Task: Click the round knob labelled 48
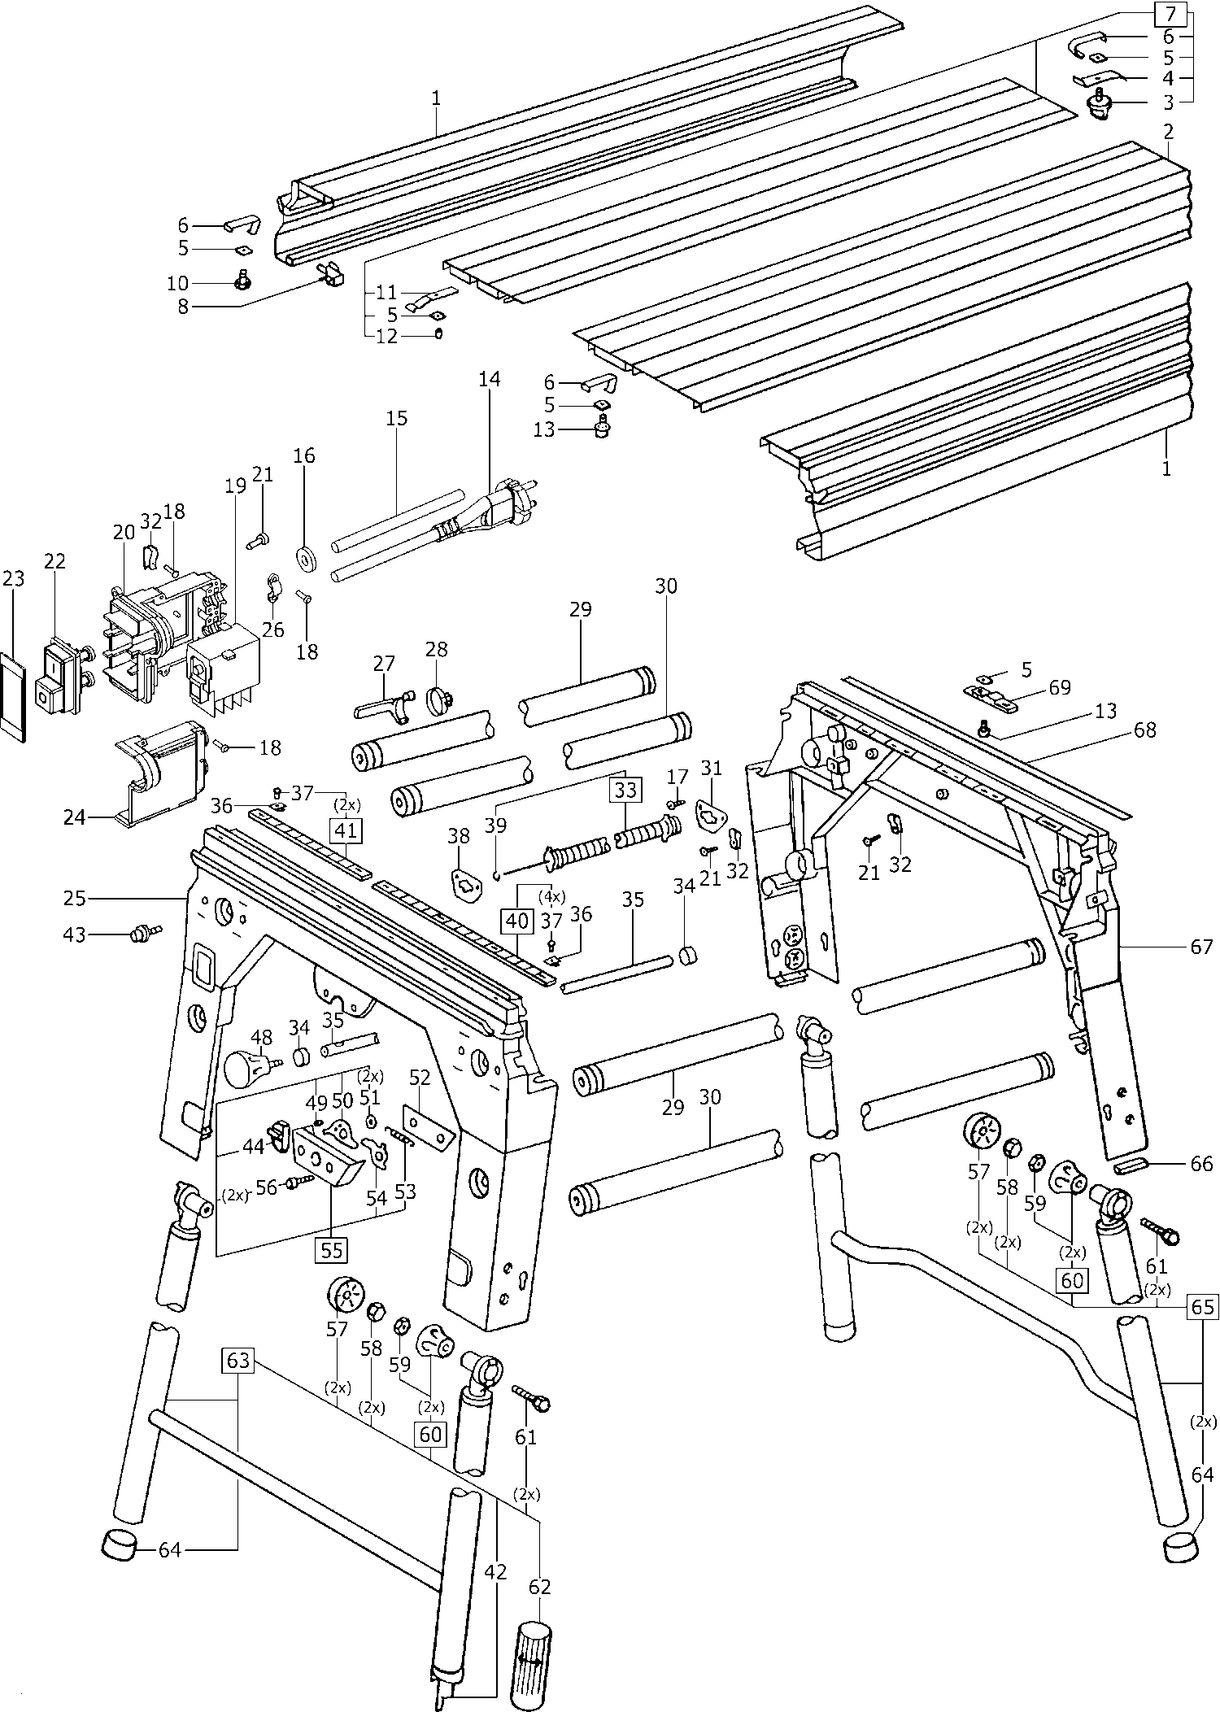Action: [x=246, y=1067]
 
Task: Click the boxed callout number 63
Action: [x=238, y=1360]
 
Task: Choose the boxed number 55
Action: [x=332, y=1249]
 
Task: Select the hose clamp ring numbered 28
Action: [x=439, y=697]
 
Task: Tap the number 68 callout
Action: [x=1144, y=730]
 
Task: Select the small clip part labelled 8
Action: [x=331, y=275]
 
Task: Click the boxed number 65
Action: [x=1202, y=1306]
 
